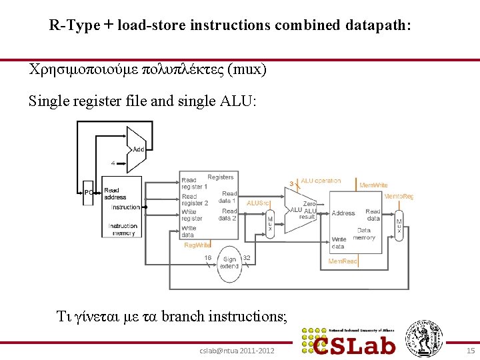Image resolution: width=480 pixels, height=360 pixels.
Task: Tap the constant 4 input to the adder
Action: point(113,162)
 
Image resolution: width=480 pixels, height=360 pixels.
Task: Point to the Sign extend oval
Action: point(230,263)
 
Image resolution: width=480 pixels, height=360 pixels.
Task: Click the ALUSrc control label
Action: point(259,203)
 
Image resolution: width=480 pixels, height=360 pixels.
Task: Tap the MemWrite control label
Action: point(373,185)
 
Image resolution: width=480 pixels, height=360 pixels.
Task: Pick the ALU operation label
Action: point(321,181)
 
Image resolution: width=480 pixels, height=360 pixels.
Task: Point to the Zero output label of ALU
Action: point(309,204)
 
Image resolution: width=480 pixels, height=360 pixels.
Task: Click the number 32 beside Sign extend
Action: point(246,257)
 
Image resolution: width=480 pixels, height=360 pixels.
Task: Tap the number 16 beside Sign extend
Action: point(208,257)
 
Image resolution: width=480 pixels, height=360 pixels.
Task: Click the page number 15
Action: point(470,350)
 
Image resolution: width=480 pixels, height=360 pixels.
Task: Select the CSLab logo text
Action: point(356,345)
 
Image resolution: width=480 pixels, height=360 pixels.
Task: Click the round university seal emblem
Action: point(425,338)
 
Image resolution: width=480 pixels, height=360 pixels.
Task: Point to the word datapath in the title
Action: point(378,26)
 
